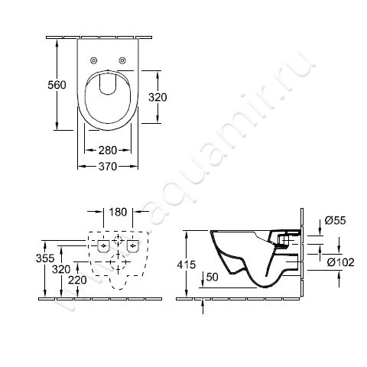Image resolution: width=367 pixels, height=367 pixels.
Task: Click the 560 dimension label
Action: click(x=47, y=85)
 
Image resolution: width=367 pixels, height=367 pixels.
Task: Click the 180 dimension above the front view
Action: click(x=117, y=211)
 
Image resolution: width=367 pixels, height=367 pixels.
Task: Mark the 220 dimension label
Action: click(x=76, y=281)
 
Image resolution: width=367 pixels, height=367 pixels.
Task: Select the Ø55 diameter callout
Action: click(x=333, y=219)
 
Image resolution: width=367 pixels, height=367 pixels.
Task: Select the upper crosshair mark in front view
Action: click(x=116, y=241)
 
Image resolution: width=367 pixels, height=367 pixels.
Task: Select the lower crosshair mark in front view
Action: click(x=116, y=261)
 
